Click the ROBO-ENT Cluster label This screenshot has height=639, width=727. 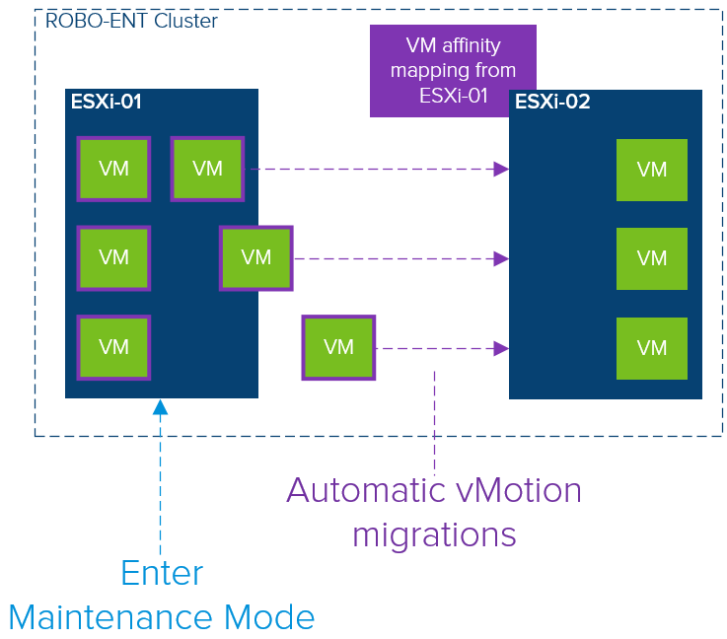point(131,21)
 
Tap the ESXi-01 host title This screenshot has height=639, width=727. point(107,102)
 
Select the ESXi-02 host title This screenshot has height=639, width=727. point(552,102)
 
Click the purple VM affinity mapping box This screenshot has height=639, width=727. point(453,70)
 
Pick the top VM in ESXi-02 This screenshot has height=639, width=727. point(652,170)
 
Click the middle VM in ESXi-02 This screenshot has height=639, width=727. point(652,258)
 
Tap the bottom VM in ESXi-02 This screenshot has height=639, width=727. point(652,348)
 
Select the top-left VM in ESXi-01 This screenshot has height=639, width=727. point(113,169)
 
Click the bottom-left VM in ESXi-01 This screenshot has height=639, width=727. point(113,347)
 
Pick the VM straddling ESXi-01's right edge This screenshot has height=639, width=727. point(255,258)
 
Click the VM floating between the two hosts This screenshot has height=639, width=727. point(338,347)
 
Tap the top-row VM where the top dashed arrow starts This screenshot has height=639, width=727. point(207,169)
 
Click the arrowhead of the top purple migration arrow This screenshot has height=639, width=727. point(501,170)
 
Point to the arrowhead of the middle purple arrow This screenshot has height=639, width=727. point(501,258)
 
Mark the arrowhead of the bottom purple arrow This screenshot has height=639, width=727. point(501,348)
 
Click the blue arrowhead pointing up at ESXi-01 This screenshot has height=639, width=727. point(161,407)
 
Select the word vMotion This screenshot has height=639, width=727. point(518,490)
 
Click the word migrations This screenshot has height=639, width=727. point(434,535)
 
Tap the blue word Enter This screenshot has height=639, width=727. point(163,573)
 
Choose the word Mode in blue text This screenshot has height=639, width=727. point(269,617)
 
